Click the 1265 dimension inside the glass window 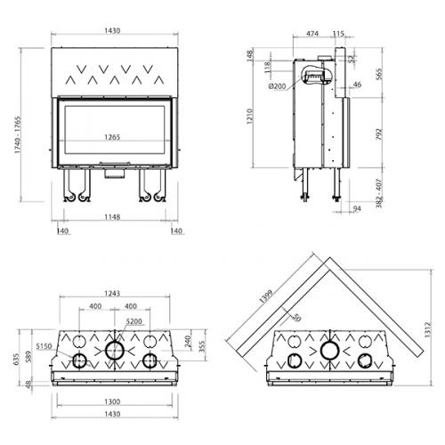tap(110, 137)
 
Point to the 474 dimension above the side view tap(311, 34)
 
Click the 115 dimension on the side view tap(338, 34)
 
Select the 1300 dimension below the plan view tap(110, 400)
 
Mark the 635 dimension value tap(14, 360)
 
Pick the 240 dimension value tap(189, 339)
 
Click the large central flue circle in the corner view tap(330, 351)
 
